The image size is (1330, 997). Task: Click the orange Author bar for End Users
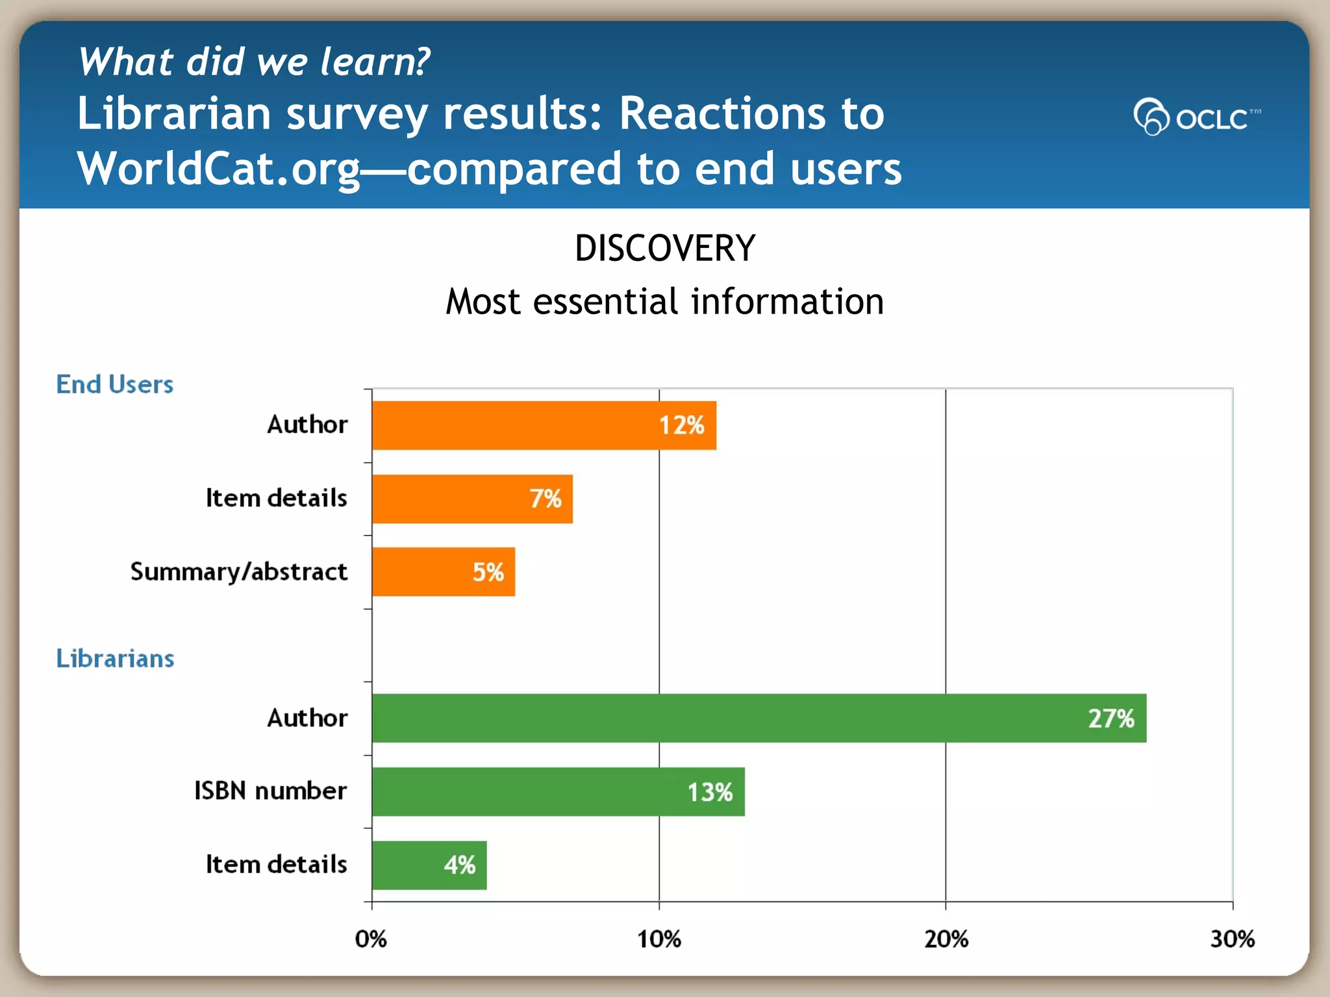click(544, 426)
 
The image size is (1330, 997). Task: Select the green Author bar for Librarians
click(759, 719)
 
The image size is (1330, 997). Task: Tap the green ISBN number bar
click(558, 792)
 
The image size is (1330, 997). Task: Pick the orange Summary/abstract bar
click(444, 572)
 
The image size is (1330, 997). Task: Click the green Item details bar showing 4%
click(429, 865)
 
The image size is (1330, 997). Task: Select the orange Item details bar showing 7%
click(472, 499)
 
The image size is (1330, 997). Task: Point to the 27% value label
click(1111, 719)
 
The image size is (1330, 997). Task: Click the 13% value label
click(710, 792)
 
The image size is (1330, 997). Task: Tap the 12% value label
click(681, 426)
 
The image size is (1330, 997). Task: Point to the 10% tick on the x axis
click(659, 939)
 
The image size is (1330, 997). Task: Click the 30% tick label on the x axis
click(1232, 939)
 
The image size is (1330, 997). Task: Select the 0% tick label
click(371, 939)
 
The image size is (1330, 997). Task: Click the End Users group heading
click(115, 384)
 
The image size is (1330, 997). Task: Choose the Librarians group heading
click(115, 659)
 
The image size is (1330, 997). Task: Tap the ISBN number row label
click(271, 791)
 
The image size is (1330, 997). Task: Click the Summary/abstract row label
click(239, 572)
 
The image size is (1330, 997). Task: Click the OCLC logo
click(1197, 117)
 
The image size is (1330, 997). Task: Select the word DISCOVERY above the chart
click(665, 248)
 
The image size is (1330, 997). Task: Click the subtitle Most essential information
click(665, 302)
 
